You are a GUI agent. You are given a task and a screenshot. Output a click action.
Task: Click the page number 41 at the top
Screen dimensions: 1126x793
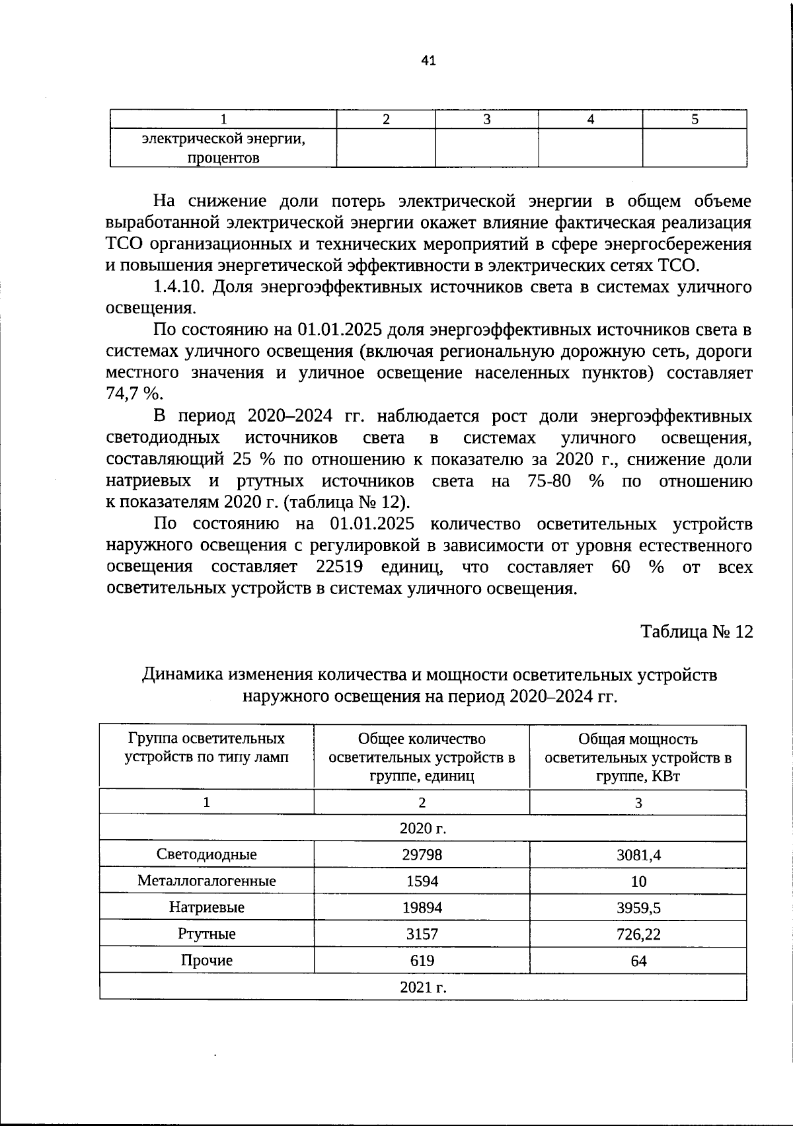pyautogui.click(x=428, y=61)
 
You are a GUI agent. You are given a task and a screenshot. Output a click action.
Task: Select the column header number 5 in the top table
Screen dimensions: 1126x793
pyautogui.click(x=695, y=119)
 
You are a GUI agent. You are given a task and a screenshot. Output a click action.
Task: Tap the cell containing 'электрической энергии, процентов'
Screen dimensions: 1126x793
pyautogui.click(x=223, y=149)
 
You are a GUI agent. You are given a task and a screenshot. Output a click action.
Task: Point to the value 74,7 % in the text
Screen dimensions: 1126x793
pyautogui.click(x=134, y=394)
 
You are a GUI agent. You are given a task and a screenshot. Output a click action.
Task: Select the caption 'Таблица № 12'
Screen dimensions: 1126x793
pyautogui.click(x=697, y=632)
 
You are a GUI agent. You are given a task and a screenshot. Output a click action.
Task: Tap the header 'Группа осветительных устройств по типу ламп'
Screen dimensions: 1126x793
pyautogui.click(x=207, y=747)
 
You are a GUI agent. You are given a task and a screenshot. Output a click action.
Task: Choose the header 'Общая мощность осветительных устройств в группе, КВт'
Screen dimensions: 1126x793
pyautogui.click(x=638, y=757)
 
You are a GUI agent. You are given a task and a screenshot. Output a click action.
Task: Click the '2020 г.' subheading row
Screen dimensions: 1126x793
pyautogui.click(x=423, y=828)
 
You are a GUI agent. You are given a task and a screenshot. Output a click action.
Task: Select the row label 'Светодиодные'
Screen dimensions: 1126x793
pyautogui.click(x=207, y=854)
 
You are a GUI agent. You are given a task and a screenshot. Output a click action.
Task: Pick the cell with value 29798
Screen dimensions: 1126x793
pyautogui.click(x=422, y=854)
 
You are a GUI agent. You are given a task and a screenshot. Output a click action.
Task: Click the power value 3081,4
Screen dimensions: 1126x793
pyautogui.click(x=638, y=855)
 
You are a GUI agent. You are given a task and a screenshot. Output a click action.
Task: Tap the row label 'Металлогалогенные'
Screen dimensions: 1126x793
pyautogui.click(x=207, y=881)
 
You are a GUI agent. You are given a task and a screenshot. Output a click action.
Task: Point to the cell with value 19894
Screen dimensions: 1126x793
pyautogui.click(x=422, y=907)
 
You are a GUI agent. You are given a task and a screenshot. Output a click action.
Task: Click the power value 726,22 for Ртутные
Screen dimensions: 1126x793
pyautogui.click(x=638, y=934)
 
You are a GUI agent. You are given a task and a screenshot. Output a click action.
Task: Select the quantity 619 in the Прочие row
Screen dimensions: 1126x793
pyautogui.click(x=422, y=960)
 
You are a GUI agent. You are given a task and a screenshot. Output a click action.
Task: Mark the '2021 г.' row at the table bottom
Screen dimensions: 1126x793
pyautogui.click(x=423, y=987)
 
